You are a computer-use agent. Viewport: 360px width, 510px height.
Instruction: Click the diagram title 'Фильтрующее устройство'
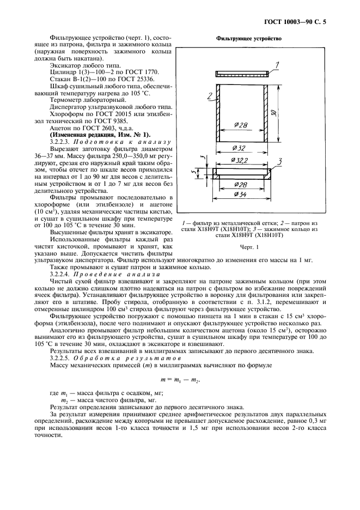pyautogui.click(x=248, y=39)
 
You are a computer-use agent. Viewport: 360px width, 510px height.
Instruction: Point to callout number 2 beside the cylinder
pyautogui.click(x=210, y=97)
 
